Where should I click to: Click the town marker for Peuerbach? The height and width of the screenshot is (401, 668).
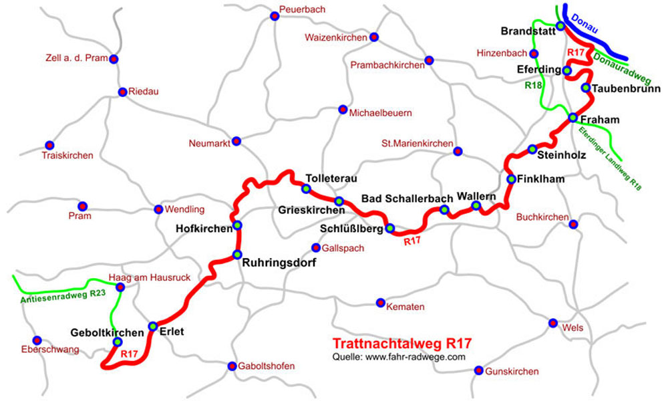coord(274,16)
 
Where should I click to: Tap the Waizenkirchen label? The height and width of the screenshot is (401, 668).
coord(335,37)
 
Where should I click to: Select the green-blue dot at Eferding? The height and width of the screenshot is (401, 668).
coord(567,70)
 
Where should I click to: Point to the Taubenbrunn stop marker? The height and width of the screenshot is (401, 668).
coord(586,88)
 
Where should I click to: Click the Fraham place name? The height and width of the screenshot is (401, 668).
coord(600,120)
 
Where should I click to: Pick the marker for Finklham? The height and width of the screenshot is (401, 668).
coord(511,179)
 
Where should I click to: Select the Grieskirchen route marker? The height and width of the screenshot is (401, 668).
coord(339,201)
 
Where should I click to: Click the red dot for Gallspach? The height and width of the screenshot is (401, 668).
coord(317,247)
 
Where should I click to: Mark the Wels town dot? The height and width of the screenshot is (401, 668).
coord(552,323)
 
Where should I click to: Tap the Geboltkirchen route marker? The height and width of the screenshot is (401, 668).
coord(118,342)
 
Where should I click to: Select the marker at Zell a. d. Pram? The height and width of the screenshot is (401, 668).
coord(114,59)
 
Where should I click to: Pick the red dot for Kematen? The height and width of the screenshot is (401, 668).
coord(381,302)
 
